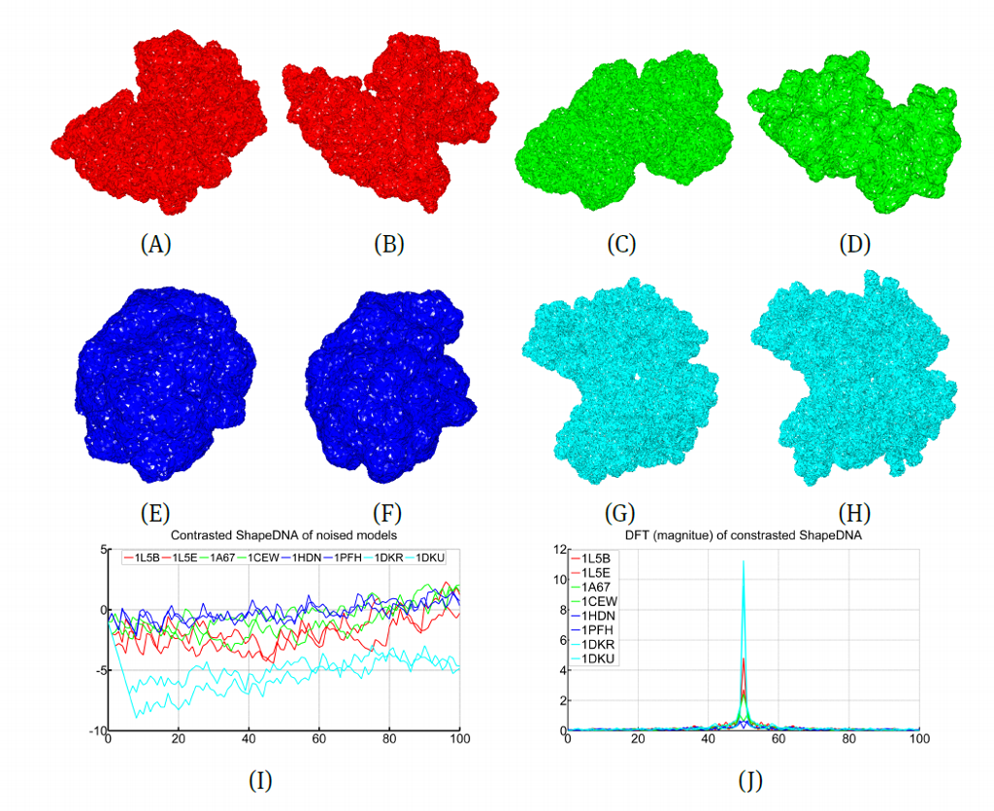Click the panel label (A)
(155, 245)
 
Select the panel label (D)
(854, 245)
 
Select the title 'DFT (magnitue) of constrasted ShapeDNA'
(745, 535)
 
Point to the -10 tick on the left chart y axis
(94, 730)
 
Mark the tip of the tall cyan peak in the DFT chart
(744, 560)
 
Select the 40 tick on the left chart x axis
(248, 742)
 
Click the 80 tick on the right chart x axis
(849, 742)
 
